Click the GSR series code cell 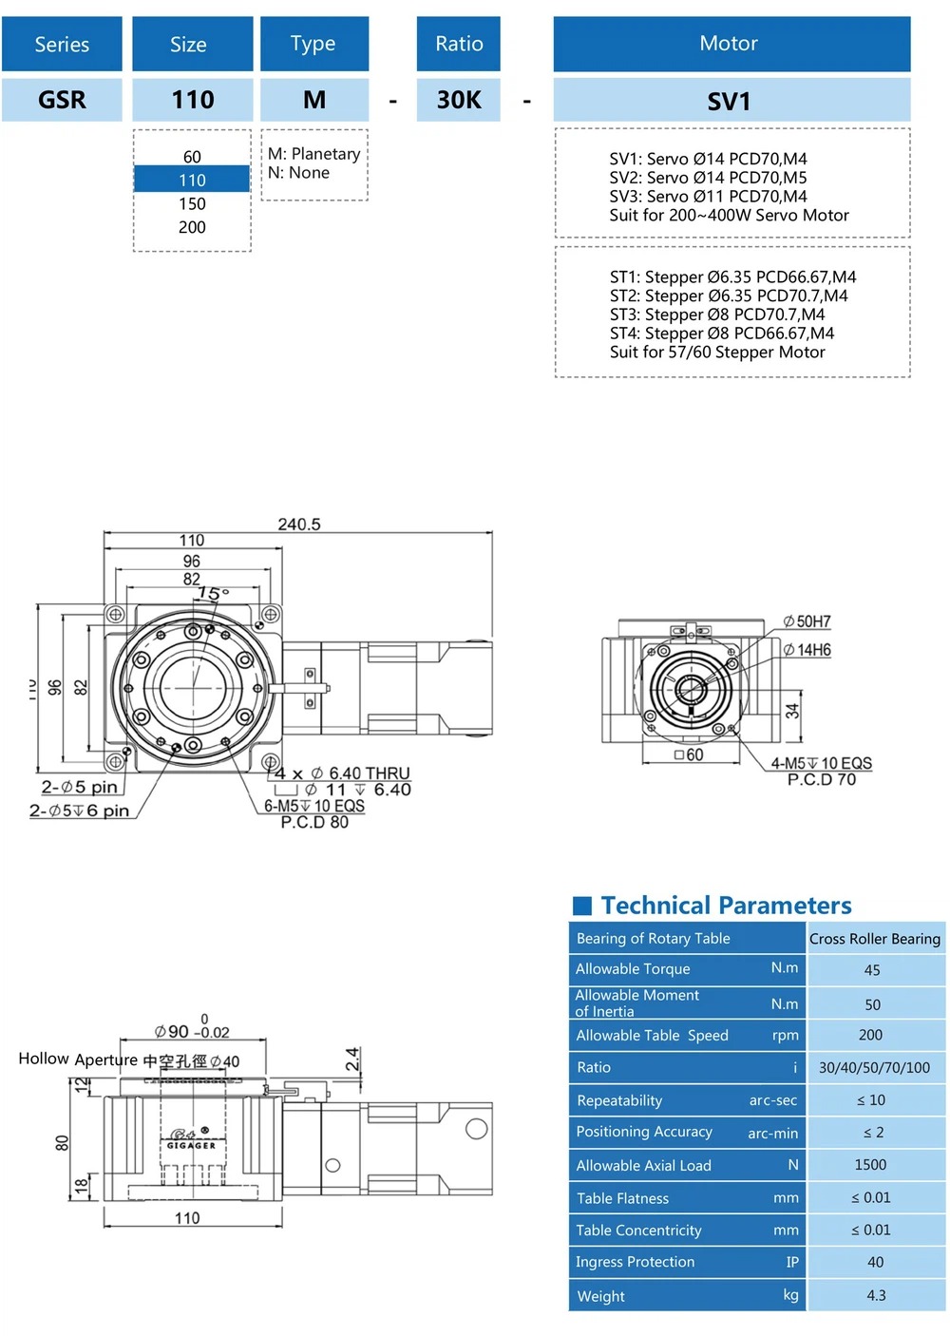pos(62,100)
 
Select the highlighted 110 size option pos(192,180)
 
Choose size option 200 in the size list pos(192,227)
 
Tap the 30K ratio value pos(459,100)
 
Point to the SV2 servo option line pos(708,178)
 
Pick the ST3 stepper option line pos(717,315)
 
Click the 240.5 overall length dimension pos(298,525)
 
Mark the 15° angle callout pos(212,594)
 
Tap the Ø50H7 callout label pos(807,621)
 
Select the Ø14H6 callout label pos(807,650)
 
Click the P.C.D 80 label pos(314,822)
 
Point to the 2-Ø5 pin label pos(80,787)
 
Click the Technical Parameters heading pos(726,905)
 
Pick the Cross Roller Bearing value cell pos(875,939)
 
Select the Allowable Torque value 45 pos(872,970)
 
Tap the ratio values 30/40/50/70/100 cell pos(874,1067)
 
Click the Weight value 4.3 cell pos(876,1295)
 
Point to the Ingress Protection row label pos(635,1262)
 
